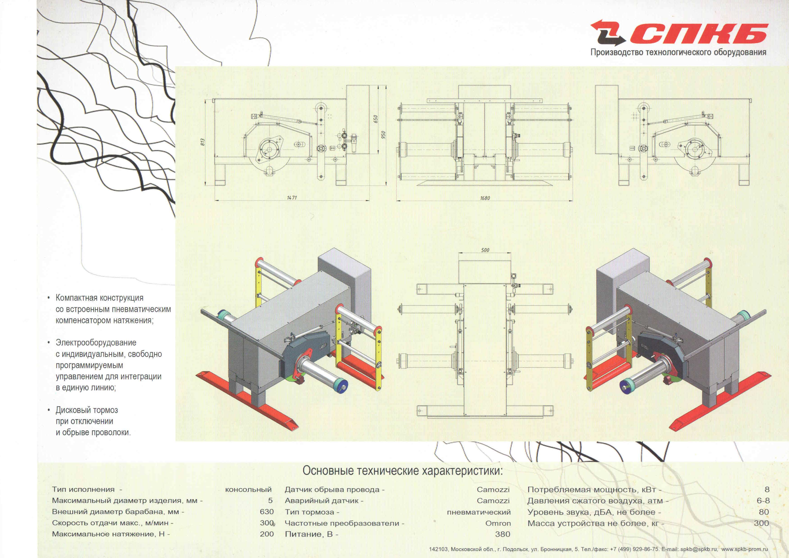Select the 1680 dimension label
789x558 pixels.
pos(485,198)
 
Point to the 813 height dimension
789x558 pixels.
pos(203,142)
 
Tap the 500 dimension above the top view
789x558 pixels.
pos(485,250)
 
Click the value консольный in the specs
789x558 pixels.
pos(248,490)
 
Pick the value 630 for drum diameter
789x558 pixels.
pos(267,512)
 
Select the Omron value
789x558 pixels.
pos(498,523)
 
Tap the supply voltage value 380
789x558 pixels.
pos(503,534)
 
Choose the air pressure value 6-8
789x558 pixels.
pos(763,501)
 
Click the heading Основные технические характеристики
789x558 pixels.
pos(402,471)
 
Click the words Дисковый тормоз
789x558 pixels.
pos(87,410)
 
